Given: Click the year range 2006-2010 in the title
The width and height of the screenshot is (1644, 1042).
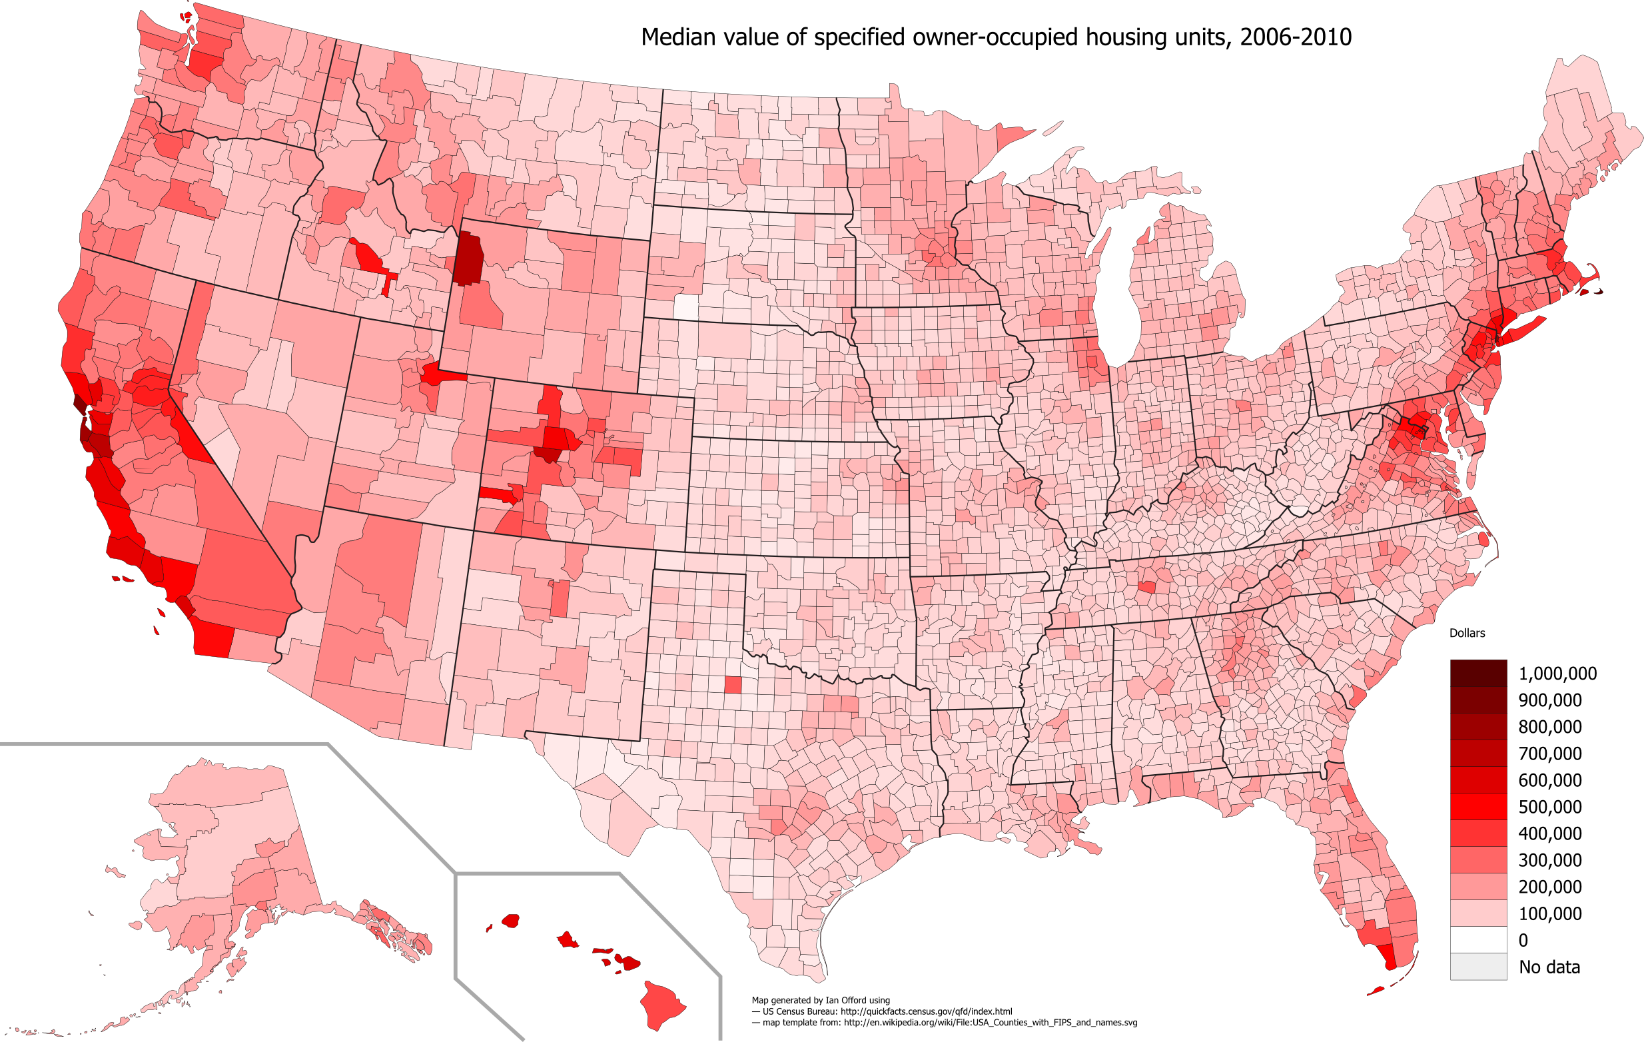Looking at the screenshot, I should coord(1295,37).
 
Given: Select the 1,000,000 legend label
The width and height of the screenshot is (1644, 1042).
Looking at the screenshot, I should coord(1557,674).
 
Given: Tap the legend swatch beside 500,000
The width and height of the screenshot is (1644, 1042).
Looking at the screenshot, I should coord(1478,806).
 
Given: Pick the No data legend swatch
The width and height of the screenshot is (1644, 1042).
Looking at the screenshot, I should coord(1478,967).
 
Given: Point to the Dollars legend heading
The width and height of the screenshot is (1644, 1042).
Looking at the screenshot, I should coord(1467,633).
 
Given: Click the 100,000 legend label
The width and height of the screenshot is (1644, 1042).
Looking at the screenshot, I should coord(1550,913).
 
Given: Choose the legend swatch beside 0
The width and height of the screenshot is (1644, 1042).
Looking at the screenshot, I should coord(1478,940).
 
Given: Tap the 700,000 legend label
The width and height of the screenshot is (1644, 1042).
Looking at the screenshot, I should coord(1550,754).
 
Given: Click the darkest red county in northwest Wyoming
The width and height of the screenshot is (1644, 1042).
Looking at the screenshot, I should coord(468,259).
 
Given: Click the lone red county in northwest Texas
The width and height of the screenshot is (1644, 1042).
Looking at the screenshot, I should coord(733,684).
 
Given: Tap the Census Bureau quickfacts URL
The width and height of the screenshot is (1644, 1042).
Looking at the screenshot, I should coord(926,1011).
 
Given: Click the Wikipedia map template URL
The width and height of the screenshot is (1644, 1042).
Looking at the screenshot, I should coord(990,1023).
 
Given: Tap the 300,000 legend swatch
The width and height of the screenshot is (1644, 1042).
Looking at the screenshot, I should coord(1478,859).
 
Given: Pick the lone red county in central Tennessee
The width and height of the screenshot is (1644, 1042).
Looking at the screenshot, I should coord(1146,586).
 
